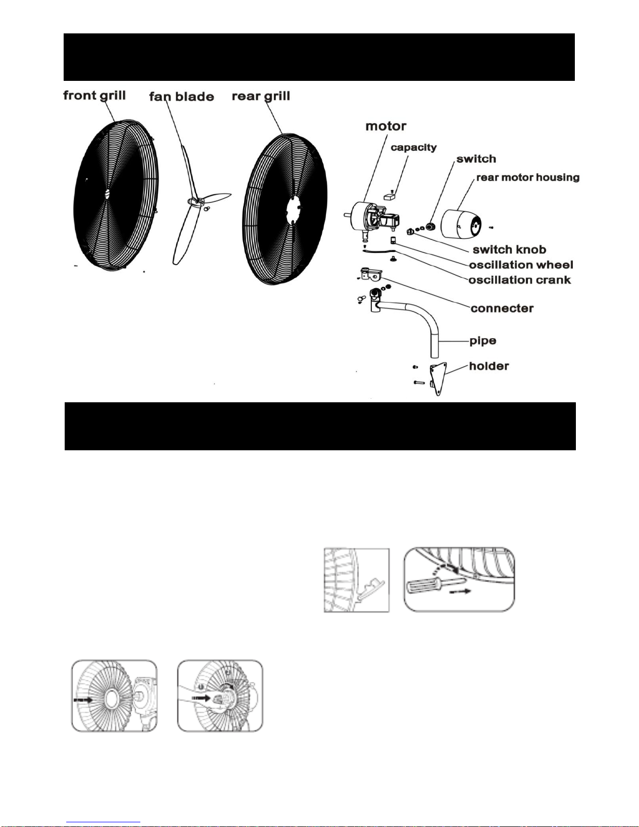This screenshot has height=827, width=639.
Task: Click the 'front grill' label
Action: (x=94, y=96)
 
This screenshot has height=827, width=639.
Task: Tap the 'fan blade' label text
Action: (x=182, y=97)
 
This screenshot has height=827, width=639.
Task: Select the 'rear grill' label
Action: (x=261, y=97)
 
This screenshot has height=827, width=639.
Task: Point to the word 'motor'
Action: (x=385, y=126)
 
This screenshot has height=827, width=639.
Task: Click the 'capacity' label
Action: (x=414, y=148)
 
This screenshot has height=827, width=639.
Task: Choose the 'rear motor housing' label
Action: (x=528, y=178)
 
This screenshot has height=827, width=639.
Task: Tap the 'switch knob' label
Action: (x=509, y=249)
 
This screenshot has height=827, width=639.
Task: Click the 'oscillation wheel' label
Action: (x=521, y=265)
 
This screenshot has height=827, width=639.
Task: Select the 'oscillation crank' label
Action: (x=520, y=280)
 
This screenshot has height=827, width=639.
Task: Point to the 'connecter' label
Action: (x=502, y=308)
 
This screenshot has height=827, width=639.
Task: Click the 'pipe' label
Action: (x=483, y=341)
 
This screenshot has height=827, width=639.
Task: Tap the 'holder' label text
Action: (x=489, y=366)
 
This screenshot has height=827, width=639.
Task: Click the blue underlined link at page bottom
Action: (x=103, y=822)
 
